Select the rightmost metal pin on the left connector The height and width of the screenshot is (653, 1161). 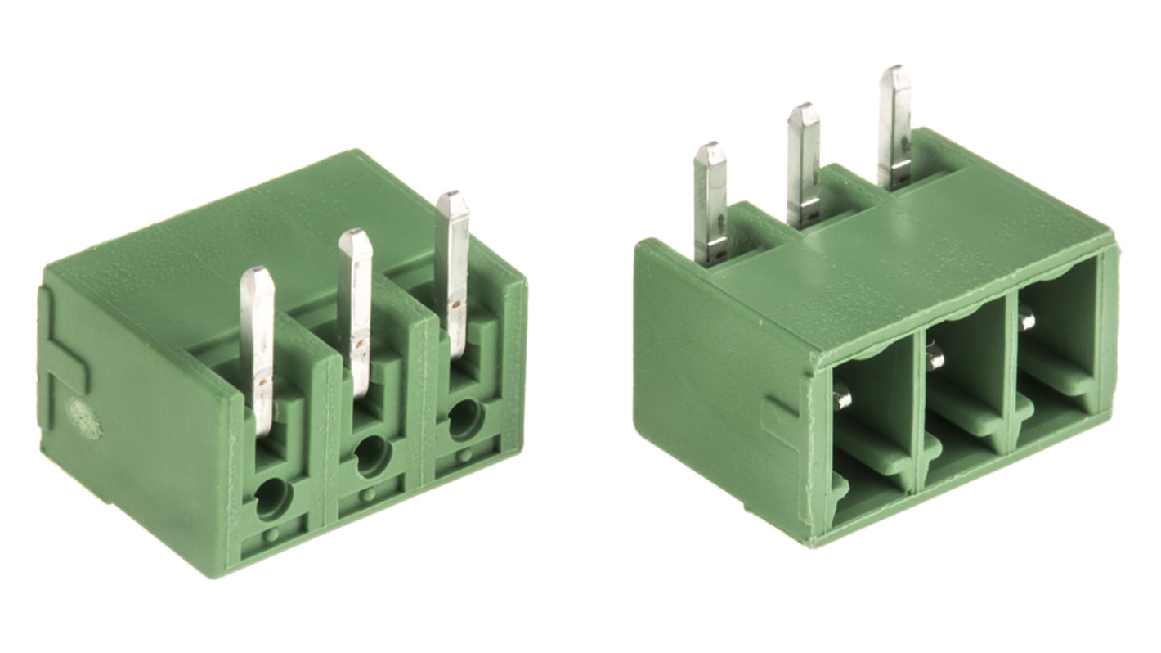[452, 270]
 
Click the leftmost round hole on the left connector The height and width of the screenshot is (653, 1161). [272, 498]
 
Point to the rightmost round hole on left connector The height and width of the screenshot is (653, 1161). [465, 417]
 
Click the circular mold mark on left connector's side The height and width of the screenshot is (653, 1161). [83, 419]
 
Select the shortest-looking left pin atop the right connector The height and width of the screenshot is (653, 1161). [710, 200]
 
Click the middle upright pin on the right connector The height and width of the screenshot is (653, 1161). [803, 164]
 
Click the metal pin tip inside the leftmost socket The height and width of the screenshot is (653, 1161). [842, 399]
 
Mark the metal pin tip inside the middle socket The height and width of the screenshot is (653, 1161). [935, 357]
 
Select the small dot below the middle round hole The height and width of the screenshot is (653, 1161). [370, 493]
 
